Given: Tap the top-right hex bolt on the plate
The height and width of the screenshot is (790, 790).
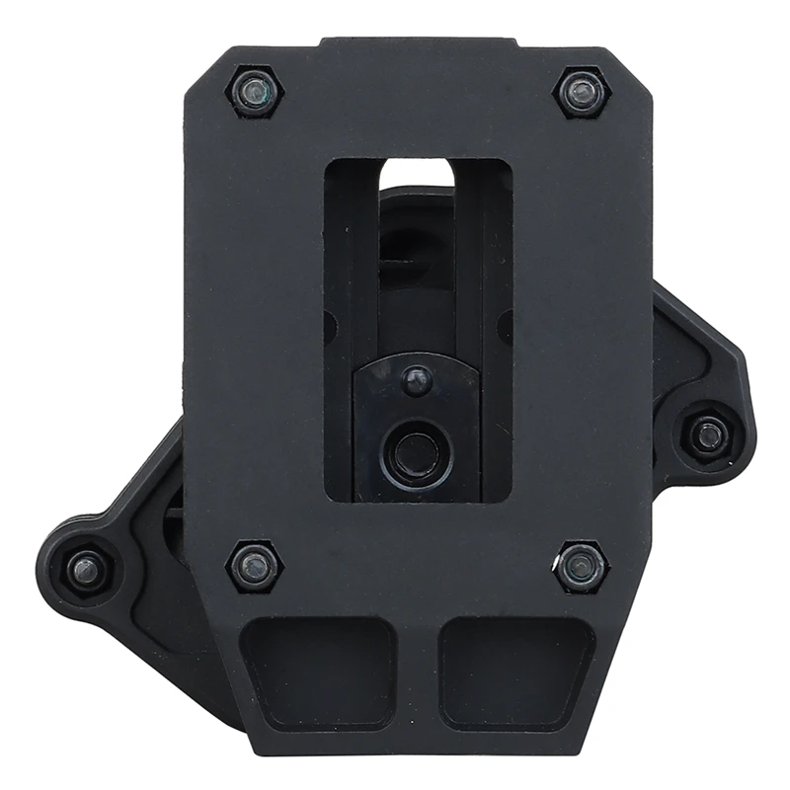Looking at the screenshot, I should click(584, 94).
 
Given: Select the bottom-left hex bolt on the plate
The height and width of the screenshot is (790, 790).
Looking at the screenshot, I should click(255, 565).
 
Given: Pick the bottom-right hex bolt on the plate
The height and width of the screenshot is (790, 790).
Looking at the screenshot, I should click(581, 566).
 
